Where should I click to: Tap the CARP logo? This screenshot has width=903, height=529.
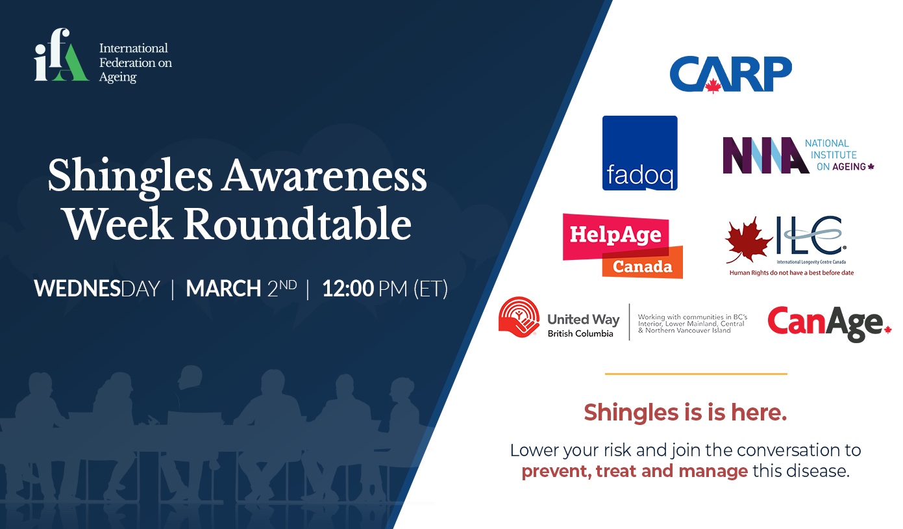point(731,74)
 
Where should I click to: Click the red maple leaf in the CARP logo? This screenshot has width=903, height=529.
point(713,86)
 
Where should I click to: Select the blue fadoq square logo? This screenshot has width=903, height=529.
point(639,153)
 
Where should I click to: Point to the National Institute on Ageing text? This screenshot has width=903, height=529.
point(839,155)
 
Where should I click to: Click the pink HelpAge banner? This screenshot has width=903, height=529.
point(615,237)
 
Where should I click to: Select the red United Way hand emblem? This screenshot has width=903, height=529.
point(519,316)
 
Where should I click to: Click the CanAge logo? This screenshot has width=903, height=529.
point(829,324)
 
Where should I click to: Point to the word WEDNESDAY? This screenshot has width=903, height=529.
point(97,289)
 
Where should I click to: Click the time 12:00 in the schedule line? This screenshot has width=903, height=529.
point(348,289)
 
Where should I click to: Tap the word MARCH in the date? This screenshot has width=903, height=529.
point(223,289)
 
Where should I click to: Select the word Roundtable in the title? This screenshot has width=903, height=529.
point(298,224)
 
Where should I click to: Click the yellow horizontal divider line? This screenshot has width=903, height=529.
point(696,374)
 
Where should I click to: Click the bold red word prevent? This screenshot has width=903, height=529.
point(556,472)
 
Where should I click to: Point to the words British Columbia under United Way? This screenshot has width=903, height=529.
point(580,333)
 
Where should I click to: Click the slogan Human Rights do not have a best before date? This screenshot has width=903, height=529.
point(791,273)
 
